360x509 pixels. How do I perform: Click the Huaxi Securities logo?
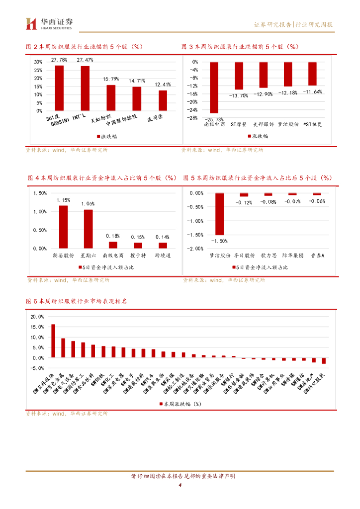49,23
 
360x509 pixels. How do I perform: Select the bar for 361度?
59,87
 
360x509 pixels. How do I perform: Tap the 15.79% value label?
111,79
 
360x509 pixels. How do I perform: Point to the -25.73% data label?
214,119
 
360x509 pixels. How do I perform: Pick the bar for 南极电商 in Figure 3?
214,87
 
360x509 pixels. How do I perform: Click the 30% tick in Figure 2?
38,62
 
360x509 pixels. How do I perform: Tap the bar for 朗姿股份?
64,227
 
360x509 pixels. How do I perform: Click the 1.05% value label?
88,203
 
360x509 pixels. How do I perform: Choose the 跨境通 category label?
163,255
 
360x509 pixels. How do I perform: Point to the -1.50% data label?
219,241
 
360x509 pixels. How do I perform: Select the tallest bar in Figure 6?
53,341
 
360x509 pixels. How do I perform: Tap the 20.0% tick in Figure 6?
37,317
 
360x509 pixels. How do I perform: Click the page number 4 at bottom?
180,486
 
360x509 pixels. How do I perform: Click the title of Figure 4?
102,177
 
